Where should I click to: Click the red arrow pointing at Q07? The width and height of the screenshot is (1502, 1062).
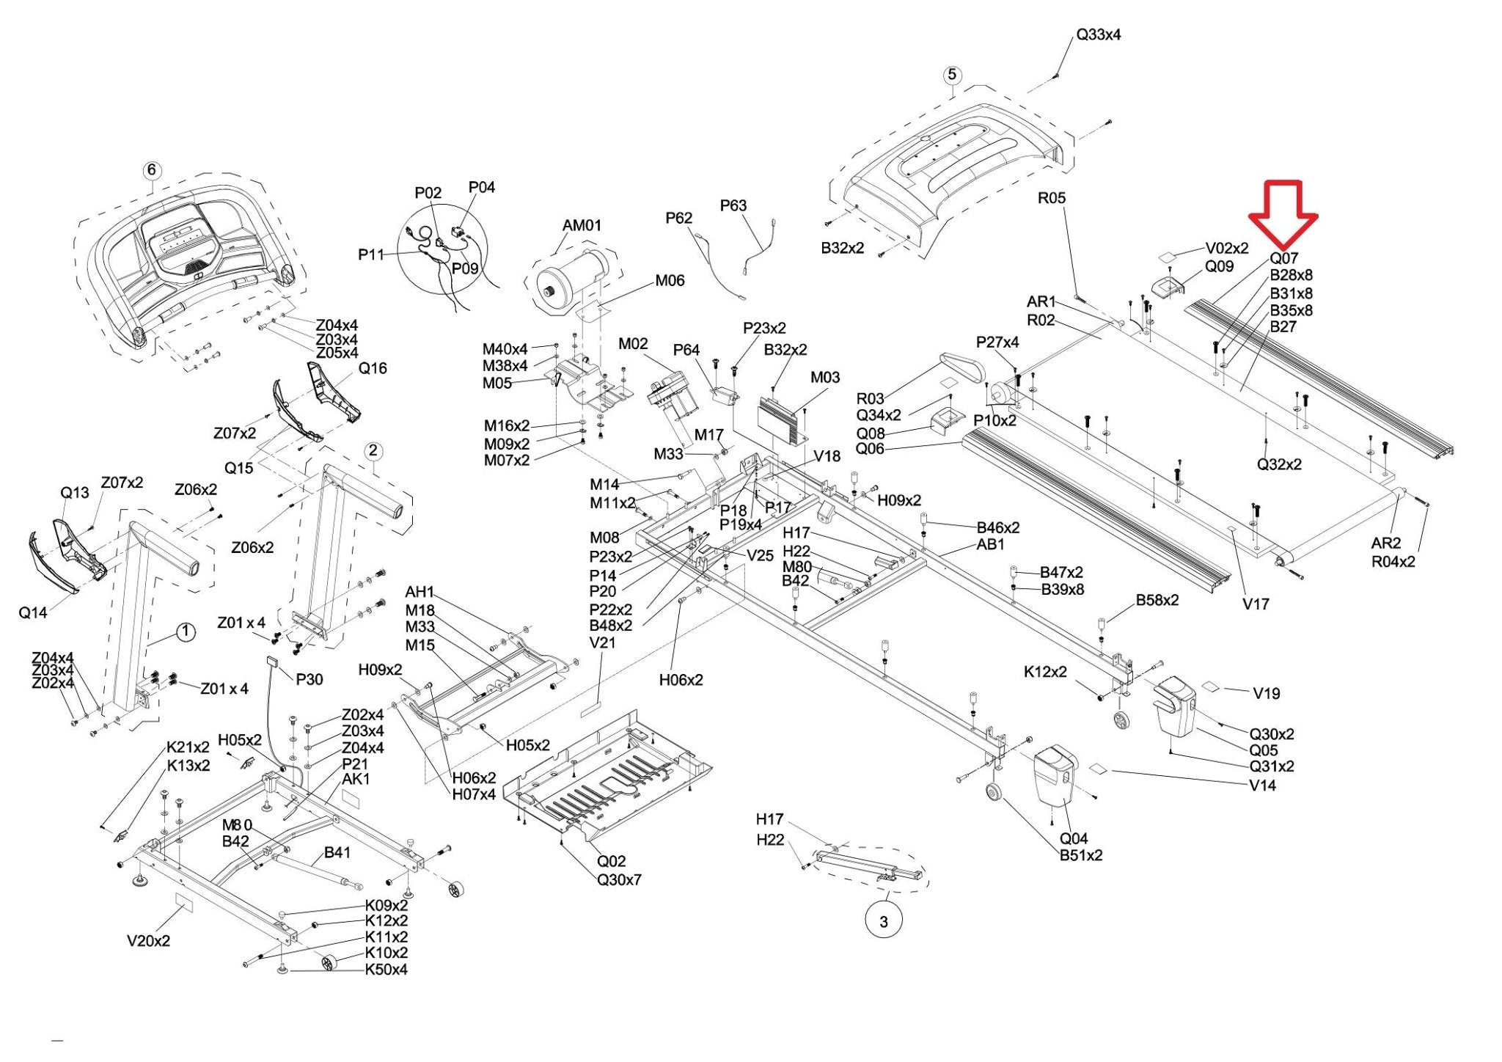1283,214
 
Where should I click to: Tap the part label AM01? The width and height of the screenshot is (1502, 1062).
582,225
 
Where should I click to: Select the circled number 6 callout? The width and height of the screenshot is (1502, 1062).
152,170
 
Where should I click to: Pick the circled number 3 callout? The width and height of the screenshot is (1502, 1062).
884,921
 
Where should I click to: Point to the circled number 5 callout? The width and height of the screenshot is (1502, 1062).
952,75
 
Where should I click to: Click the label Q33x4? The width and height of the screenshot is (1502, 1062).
1098,34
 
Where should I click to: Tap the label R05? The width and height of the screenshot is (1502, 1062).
1051,197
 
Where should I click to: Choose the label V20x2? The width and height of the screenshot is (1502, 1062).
148,940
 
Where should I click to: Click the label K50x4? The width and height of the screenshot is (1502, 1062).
386,969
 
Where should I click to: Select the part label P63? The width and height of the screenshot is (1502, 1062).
733,205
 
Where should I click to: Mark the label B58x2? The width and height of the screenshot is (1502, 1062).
1157,600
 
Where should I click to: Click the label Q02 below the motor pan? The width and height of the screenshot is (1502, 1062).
611,861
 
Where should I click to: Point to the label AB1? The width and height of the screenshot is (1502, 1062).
990,544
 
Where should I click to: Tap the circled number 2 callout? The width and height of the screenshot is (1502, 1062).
373,450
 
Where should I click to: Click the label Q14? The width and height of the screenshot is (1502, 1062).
32,612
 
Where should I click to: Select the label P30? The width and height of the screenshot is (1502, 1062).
309,679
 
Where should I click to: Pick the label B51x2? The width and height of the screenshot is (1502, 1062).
1080,855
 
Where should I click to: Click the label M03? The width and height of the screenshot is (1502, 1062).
825,377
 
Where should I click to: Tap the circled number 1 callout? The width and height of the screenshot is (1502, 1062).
186,632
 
